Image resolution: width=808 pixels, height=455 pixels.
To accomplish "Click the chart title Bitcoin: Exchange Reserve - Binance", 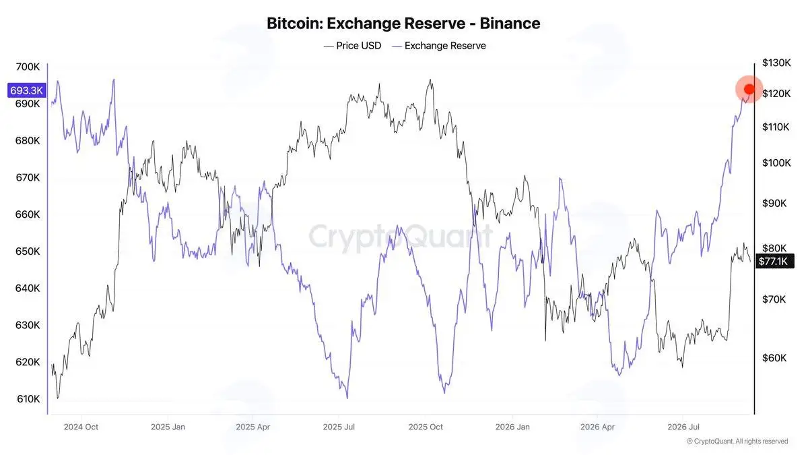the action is [403, 24].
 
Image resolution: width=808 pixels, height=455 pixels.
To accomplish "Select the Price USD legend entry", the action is [352, 46].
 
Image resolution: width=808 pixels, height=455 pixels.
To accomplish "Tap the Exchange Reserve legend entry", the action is [439, 46].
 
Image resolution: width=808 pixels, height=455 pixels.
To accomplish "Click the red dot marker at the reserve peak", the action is [749, 89].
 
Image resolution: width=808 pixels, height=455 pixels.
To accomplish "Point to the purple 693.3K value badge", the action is [27, 90].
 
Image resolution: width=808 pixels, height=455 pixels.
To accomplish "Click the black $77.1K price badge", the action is [774, 261].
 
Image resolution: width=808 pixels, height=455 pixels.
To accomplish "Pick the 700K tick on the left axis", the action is [28, 67].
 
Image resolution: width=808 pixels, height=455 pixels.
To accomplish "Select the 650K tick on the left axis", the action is [28, 251].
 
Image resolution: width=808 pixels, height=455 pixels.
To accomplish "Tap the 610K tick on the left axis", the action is [28, 399].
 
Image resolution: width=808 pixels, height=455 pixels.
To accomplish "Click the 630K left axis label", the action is [28, 325].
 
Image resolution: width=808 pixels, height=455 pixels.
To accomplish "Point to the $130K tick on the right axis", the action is [776, 63].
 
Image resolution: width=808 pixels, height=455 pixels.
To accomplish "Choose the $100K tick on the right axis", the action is [776, 163].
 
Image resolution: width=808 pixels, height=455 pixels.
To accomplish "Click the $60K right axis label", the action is [774, 358].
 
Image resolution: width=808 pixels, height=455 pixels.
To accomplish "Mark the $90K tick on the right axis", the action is [774, 204].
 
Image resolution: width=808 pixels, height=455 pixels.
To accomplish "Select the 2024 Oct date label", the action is [81, 427].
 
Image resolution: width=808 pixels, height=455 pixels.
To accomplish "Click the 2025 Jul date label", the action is [339, 427].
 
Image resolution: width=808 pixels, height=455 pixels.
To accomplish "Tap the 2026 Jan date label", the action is [512, 427].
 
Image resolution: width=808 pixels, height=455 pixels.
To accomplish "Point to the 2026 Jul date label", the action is [683, 427].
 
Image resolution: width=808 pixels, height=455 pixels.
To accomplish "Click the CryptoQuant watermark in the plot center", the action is [401, 237].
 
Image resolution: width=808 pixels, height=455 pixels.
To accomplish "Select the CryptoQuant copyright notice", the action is [737, 442].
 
